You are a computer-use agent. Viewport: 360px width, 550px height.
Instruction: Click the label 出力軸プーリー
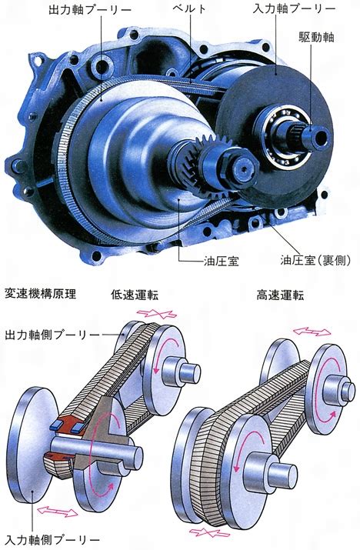89,9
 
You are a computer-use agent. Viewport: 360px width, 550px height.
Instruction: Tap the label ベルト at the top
188,8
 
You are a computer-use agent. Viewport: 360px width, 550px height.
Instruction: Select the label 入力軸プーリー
293,8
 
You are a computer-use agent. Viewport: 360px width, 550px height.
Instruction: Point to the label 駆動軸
316,37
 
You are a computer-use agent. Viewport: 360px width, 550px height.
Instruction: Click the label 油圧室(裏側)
315,260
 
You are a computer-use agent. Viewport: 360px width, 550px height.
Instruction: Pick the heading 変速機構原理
40,294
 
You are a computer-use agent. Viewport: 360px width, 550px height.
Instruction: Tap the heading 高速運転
280,295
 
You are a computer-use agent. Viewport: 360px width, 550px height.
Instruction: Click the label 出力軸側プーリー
52,335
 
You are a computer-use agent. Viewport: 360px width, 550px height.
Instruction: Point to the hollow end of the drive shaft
319,137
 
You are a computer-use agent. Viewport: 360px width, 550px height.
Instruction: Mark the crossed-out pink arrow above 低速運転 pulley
156,314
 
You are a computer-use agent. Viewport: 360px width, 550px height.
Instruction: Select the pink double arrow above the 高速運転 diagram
312,332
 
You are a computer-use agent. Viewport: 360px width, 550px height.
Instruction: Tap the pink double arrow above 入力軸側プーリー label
57,511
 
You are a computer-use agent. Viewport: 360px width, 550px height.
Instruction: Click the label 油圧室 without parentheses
221,261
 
